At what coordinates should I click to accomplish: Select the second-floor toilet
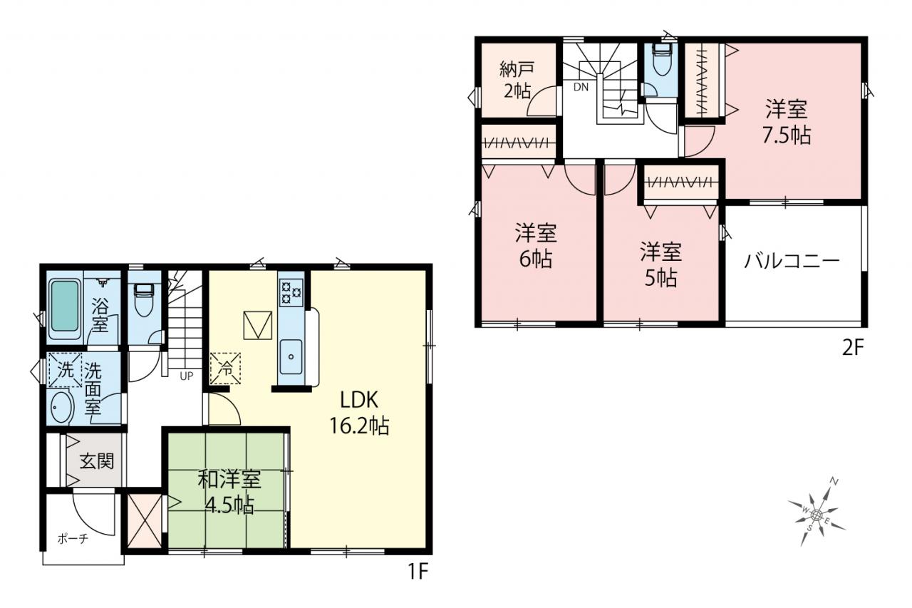pos(662,59)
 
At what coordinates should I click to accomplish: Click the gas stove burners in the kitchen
pos(291,292)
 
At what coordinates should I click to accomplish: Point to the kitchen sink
pos(291,356)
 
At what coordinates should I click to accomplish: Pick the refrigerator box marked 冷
pos(225,368)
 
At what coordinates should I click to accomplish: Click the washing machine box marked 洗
pos(65,370)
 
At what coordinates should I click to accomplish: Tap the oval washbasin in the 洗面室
pos(61,406)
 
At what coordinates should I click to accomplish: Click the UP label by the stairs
pos(187,376)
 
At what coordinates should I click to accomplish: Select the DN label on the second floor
pos(581,87)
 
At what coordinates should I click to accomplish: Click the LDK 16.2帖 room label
pos(359,413)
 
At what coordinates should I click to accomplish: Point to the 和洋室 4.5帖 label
pos(229,493)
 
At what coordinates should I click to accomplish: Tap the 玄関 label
pos(96,461)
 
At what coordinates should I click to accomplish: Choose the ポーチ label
pos(73,539)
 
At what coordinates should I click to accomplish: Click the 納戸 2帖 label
pos(517,81)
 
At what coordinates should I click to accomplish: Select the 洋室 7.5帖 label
pos(786,122)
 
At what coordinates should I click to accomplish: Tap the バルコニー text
pos(792,261)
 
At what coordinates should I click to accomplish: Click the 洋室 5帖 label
pos(660,264)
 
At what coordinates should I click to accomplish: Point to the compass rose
pos(816,515)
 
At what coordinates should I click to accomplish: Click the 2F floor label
pos(853,348)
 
